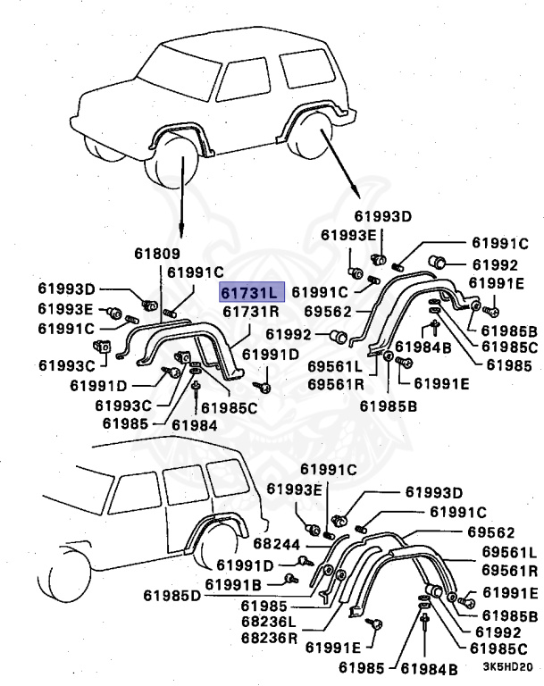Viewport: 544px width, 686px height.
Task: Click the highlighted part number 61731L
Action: pos(252,293)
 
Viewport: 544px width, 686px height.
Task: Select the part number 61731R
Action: pos(251,312)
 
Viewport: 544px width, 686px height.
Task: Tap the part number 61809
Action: pos(156,254)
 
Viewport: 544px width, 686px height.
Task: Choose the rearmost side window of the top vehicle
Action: pos(309,71)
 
